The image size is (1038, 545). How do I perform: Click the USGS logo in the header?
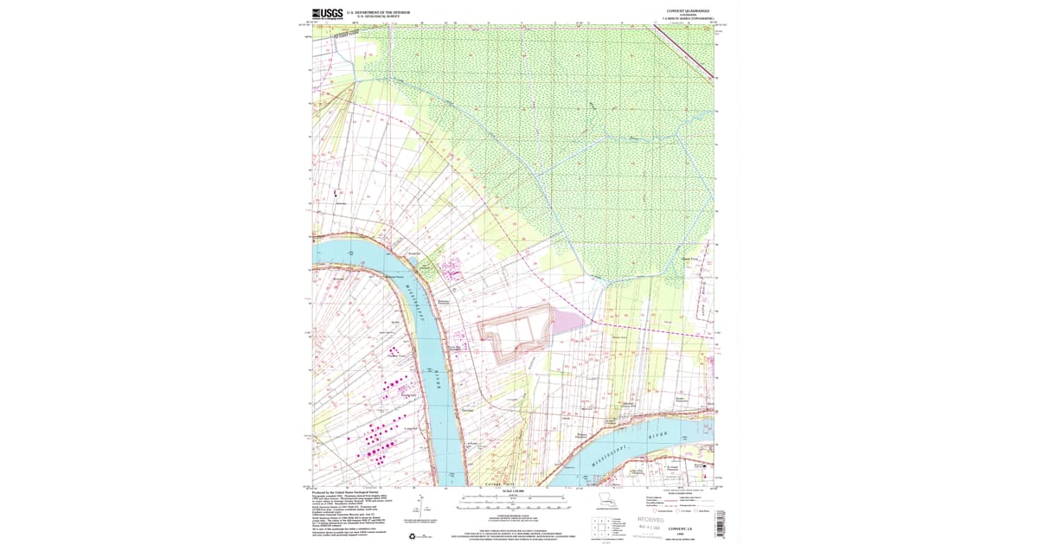[x=328, y=14]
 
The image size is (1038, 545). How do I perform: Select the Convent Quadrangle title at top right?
[x=685, y=11]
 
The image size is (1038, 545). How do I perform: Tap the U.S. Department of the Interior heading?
[x=378, y=12]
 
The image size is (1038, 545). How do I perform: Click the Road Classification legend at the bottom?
[x=679, y=503]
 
